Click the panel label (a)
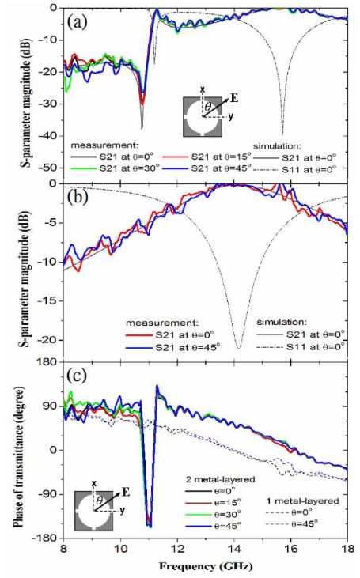78,23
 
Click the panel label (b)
78,198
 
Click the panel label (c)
77,376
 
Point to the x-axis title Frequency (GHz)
206,566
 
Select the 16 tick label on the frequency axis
290,548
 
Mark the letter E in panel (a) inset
234,98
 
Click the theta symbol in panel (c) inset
100,501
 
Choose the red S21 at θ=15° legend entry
207,157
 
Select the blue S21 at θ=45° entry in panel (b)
173,347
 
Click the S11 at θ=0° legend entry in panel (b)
301,347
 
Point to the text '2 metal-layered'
220,479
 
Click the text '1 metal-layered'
302,501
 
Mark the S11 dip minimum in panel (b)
239,348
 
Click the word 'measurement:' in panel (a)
104,145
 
